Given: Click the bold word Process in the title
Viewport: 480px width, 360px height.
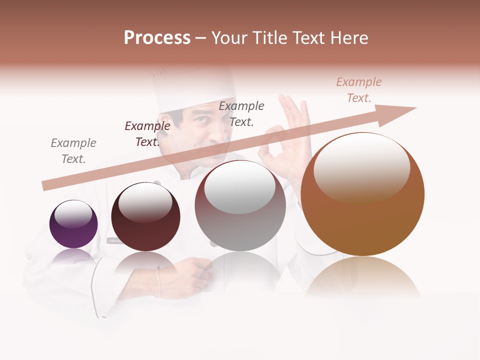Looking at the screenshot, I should coord(157,38).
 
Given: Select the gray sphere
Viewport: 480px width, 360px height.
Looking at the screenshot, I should coord(240,206).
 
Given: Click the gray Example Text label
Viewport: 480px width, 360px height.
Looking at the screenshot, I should coord(73,150).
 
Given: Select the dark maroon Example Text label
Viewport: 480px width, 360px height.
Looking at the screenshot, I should coord(147,134).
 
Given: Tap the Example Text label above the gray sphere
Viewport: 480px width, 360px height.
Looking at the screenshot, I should coord(241,113).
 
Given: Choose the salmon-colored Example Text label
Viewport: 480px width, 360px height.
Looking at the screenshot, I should coord(359,90).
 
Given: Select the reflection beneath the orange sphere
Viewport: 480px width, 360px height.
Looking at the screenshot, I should coord(362,277).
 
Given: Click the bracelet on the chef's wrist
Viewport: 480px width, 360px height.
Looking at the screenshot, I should coord(158,282).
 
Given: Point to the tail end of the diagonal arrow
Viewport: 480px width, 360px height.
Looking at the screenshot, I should coord(45,186).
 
